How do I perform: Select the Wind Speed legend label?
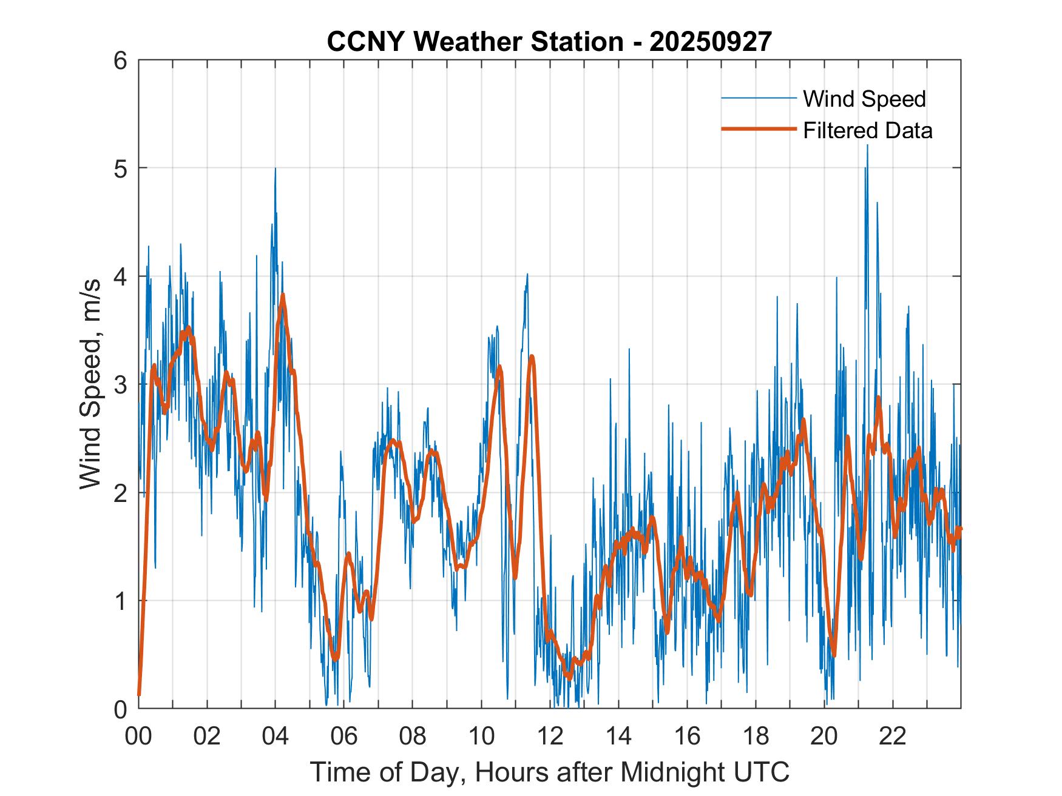pos(864,99)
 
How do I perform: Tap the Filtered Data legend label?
pos(867,130)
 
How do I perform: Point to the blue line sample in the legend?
pos(759,98)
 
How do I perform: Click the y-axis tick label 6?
pos(120,61)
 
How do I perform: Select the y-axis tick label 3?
pos(120,384)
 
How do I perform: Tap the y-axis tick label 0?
pos(120,709)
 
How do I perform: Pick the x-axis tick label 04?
pos(276,736)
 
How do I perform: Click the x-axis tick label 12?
pos(550,736)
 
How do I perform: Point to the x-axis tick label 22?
pos(893,736)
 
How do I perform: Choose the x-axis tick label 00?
pos(139,736)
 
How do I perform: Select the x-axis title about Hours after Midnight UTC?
pos(549,772)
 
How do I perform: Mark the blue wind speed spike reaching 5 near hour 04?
pos(276,170)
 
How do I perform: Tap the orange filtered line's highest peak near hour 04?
pos(283,296)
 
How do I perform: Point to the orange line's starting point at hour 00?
pos(140,694)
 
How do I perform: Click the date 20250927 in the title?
pos(711,42)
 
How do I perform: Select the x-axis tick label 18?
pos(756,736)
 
